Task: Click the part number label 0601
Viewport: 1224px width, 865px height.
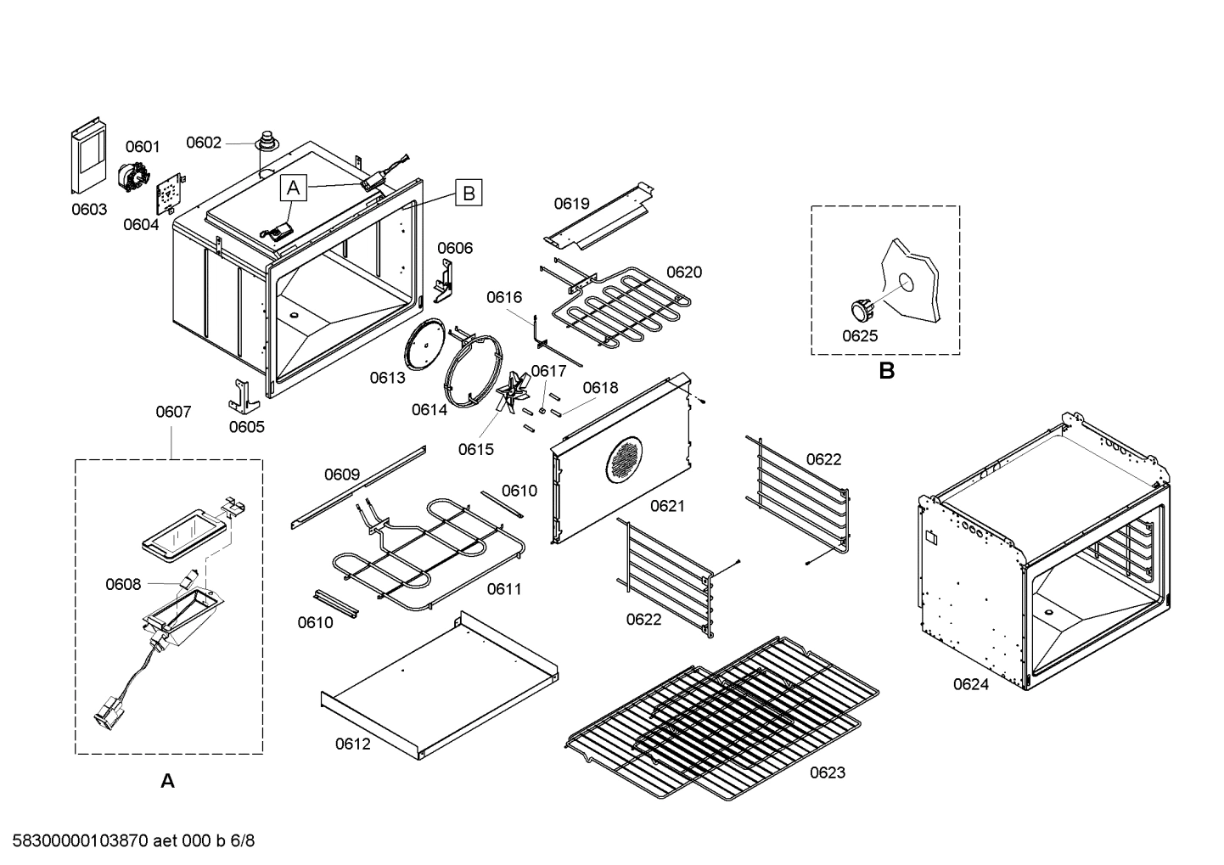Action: pyautogui.click(x=143, y=148)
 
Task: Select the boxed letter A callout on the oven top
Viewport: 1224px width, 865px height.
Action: pyautogui.click(x=293, y=188)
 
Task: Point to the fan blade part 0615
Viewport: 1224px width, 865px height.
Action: pyautogui.click(x=512, y=397)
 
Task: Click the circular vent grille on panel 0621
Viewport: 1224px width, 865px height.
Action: pyautogui.click(x=626, y=461)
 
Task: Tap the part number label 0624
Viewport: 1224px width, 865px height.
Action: pyautogui.click(x=970, y=684)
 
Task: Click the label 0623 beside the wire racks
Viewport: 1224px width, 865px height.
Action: pyautogui.click(x=827, y=772)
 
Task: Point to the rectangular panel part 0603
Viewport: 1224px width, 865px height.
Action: pyautogui.click(x=87, y=160)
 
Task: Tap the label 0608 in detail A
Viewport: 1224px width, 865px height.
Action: pyautogui.click(x=122, y=584)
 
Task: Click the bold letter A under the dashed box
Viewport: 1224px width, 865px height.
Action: pyautogui.click(x=168, y=781)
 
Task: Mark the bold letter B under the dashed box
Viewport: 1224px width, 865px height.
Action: pyautogui.click(x=886, y=371)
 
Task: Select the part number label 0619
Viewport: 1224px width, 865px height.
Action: pyautogui.click(x=571, y=204)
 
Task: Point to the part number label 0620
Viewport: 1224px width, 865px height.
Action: pyautogui.click(x=683, y=272)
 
